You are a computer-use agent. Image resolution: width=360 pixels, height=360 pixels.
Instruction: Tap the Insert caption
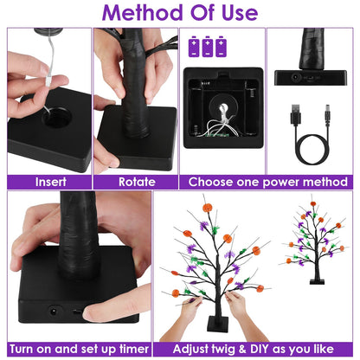tap(49, 182)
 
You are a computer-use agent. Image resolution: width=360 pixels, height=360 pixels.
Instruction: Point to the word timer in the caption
tap(126, 348)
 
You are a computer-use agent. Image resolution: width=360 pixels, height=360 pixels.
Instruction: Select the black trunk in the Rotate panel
tap(137, 95)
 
